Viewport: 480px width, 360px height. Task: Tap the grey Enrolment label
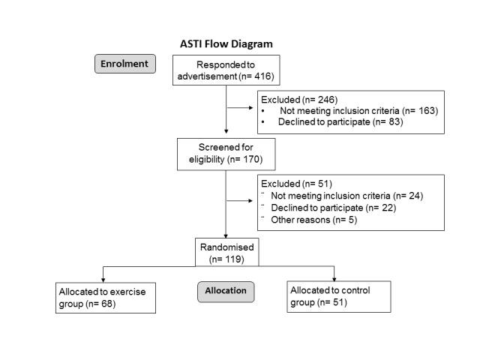click(126, 63)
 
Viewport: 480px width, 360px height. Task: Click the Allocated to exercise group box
click(105, 297)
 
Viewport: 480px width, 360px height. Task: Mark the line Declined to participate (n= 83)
click(339, 121)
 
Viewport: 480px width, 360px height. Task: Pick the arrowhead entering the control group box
click(334, 278)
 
